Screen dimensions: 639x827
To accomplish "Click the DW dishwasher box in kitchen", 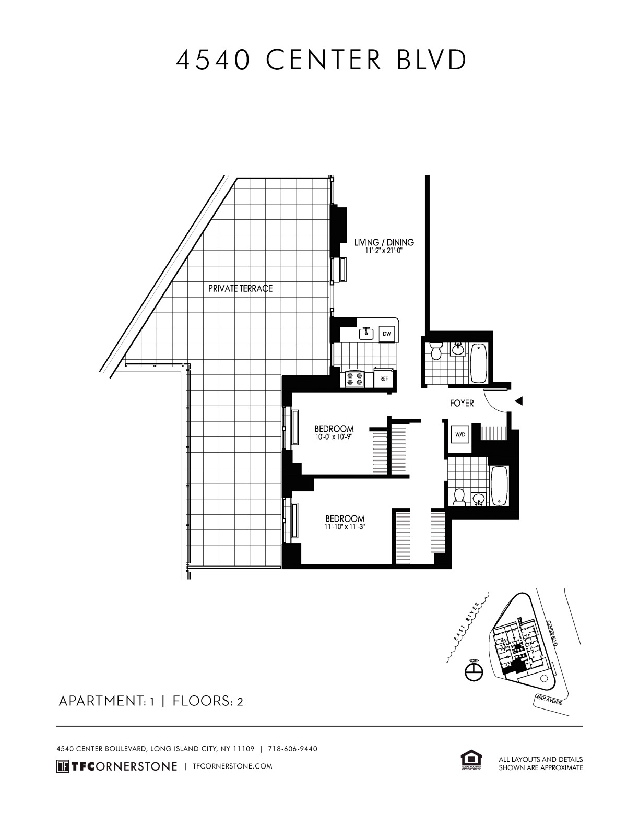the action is (386, 334).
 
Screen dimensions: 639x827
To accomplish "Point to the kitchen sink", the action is (365, 333).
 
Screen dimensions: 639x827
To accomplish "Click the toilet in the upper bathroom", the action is (435, 351).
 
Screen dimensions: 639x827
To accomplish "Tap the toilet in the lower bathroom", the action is (459, 497).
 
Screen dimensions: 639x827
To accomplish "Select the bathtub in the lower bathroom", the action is (499, 486).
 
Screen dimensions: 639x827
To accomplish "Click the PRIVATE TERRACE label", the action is (240, 288).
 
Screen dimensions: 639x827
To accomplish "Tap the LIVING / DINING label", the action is (384, 242).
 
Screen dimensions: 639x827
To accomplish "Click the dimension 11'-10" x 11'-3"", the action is (344, 527).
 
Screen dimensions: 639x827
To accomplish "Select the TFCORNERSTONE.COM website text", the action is (232, 766).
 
